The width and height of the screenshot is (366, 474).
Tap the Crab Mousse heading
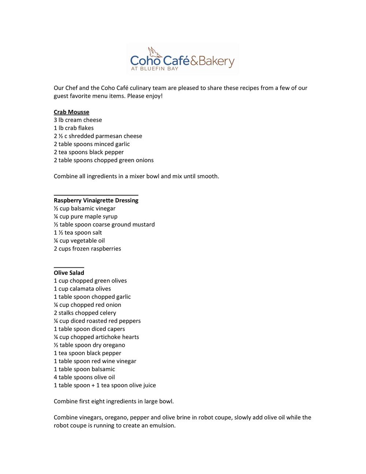point(71,112)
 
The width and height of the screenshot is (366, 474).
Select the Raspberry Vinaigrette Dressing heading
point(96,200)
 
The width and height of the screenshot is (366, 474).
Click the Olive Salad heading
point(69,273)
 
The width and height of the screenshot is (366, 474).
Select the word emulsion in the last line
point(162,426)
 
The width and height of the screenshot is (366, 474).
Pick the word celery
point(107,313)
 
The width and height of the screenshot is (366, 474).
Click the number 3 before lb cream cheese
point(55,120)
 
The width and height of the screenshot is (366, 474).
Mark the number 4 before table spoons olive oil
point(56,377)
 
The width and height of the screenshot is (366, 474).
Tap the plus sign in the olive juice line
point(93,385)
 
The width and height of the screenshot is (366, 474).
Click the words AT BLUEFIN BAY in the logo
point(155,68)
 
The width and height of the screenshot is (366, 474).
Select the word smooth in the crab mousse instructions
point(208,177)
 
